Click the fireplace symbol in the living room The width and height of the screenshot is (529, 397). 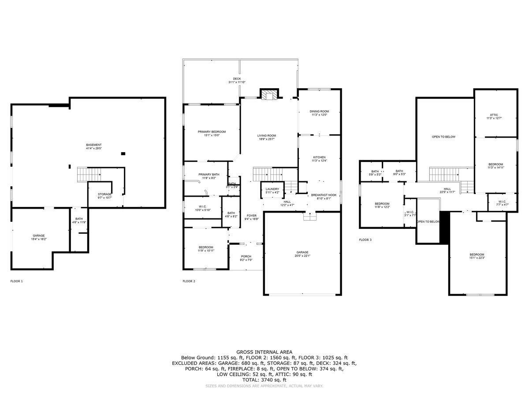[x=268, y=95]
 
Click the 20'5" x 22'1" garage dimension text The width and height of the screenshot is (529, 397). [x=302, y=256]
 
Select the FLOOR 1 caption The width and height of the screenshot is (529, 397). [x=16, y=281]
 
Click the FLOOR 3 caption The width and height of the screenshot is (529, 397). [x=365, y=240]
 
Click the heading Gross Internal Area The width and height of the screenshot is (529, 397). [x=264, y=352]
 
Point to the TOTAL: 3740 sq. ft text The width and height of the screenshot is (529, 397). [x=264, y=380]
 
